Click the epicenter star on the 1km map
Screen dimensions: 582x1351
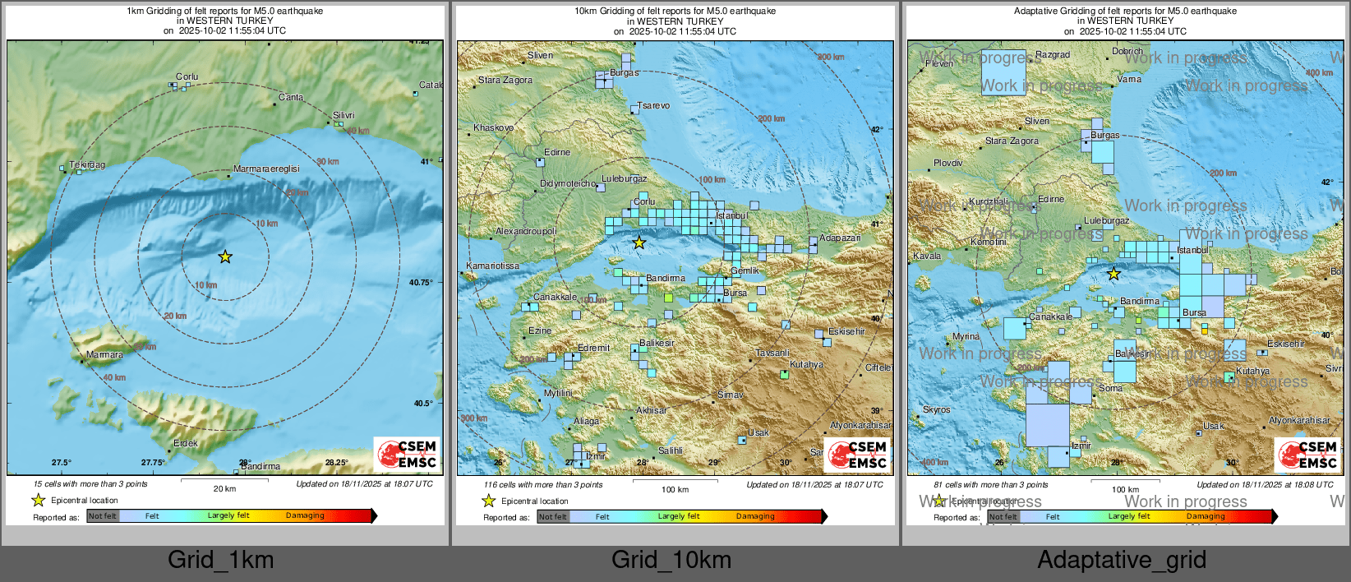225,257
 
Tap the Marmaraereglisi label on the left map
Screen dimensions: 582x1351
266,169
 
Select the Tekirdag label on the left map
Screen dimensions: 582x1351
87,165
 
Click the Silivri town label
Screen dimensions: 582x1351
344,116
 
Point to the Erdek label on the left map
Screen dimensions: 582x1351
186,443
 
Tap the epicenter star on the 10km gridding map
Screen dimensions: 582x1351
639,242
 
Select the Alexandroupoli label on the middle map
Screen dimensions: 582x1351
526,232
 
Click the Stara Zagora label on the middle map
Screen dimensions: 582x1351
505,81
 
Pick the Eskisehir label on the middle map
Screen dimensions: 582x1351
846,331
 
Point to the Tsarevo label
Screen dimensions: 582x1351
654,106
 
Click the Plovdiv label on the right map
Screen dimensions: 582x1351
948,164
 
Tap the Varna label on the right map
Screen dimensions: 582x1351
1129,80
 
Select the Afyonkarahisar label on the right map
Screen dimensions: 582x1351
1299,420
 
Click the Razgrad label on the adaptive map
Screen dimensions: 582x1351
1053,55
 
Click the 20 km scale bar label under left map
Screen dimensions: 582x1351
224,488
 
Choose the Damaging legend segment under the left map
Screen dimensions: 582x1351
305,515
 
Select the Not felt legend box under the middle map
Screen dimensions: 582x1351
553,516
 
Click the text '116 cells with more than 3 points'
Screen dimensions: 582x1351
542,484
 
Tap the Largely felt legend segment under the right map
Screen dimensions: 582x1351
1128,516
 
